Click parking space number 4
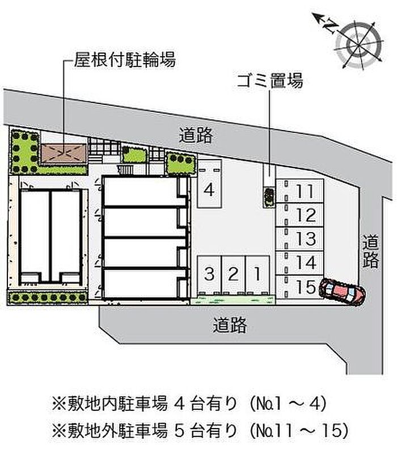[x=209, y=184]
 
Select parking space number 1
[x=257, y=274]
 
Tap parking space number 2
[x=234, y=274]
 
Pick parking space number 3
[x=209, y=274]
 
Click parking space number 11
[x=299, y=191]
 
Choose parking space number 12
[x=299, y=215]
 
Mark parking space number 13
[x=299, y=239]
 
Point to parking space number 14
[x=299, y=263]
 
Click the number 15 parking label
[x=306, y=287]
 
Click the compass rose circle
[x=358, y=45]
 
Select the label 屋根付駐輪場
[x=125, y=60]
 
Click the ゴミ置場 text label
[x=270, y=81]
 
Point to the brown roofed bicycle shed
[x=64, y=154]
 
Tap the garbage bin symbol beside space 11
[x=269, y=196]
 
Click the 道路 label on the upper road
[x=196, y=136]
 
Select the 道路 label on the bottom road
[x=230, y=325]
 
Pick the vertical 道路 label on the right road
[x=370, y=251]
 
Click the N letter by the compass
[x=330, y=26]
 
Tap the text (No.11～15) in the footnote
[x=299, y=431]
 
